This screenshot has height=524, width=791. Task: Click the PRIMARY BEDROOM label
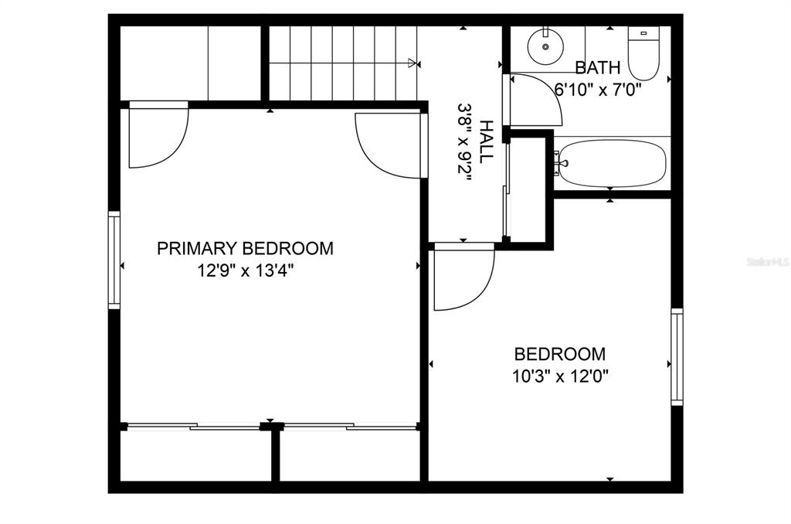point(245,248)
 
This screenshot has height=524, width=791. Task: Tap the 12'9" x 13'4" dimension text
point(245,271)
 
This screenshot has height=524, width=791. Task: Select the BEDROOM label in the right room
point(560,354)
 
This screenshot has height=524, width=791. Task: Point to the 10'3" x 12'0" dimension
point(560,376)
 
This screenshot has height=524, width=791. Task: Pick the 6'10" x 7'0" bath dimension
point(598,88)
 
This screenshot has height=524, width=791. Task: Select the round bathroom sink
point(545,47)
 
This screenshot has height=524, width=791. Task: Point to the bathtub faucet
point(560,163)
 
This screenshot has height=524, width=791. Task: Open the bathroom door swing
point(535,100)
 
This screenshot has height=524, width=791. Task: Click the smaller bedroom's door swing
point(462,276)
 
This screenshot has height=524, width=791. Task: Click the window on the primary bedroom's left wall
point(114,260)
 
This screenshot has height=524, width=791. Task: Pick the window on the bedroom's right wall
point(677,356)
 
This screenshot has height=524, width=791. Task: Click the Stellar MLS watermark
point(766,263)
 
